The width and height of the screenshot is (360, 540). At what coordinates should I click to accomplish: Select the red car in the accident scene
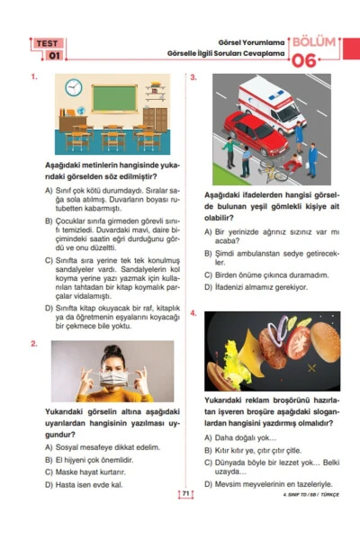pos(252,132)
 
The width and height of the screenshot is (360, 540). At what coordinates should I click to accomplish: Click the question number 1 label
pos(33,77)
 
